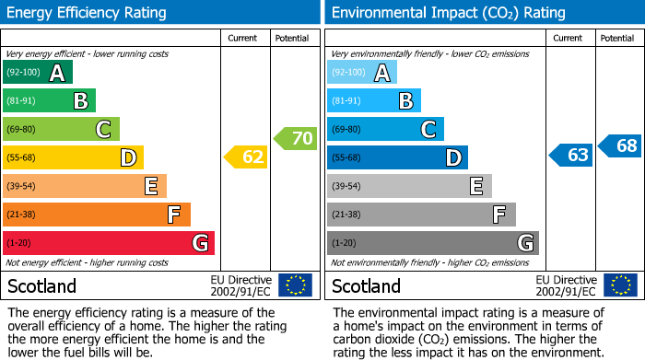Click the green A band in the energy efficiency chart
tap(38, 73)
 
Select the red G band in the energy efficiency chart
tap(109, 243)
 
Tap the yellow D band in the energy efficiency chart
tap(74, 157)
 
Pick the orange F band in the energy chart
tap(97, 215)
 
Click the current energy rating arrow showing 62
tap(247, 157)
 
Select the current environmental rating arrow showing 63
tap(571, 155)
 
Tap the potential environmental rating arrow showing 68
tap(621, 145)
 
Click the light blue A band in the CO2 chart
tap(362, 73)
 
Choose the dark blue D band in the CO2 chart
tap(397, 157)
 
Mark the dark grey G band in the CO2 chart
tap(433, 243)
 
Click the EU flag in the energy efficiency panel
tap(295, 285)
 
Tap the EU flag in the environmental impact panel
tap(620, 285)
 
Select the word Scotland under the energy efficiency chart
tap(41, 286)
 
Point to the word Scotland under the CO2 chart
tap(366, 286)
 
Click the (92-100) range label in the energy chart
tap(24, 73)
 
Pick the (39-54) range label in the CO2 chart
tap(347, 187)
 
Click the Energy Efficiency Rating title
tap(87, 13)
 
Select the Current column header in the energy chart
tap(244, 38)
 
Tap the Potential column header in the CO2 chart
tap(616, 38)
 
